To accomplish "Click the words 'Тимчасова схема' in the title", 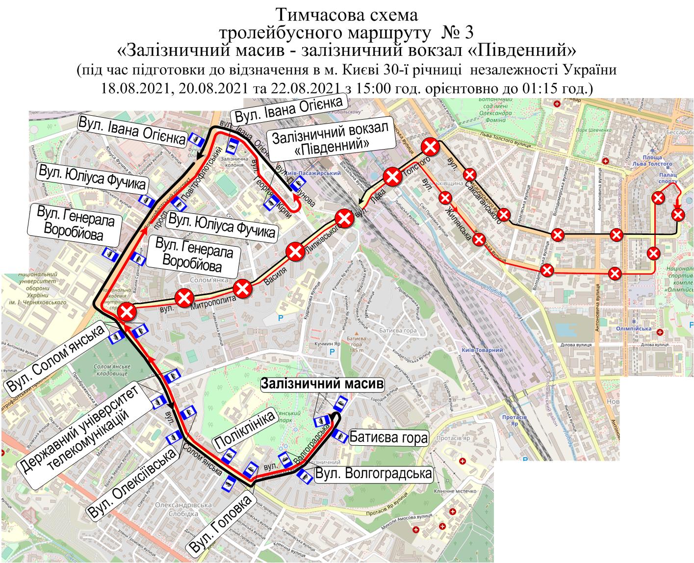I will [347, 14].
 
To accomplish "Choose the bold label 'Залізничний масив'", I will [322, 384].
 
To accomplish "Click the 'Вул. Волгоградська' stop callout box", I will [374, 474].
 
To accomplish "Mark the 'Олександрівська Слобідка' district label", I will [183, 509].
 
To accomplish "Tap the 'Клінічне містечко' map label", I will [455, 492].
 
